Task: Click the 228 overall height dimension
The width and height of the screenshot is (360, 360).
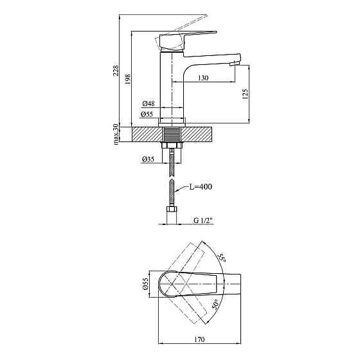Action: pyautogui.click(x=116, y=70)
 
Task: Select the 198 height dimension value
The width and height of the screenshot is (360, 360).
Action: pyautogui.click(x=128, y=79)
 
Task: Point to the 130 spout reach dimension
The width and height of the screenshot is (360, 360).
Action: pyautogui.click(x=203, y=78)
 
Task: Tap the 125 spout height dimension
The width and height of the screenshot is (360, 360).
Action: pyautogui.click(x=245, y=94)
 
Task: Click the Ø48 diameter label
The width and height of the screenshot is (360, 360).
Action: pyautogui.click(x=148, y=104)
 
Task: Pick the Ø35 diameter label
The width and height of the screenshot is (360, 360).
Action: pyautogui.click(x=148, y=159)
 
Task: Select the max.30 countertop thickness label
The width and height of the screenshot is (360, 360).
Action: pyautogui.click(x=116, y=134)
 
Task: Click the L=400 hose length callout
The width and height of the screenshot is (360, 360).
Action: pyautogui.click(x=201, y=187)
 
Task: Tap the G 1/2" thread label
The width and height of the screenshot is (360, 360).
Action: pyautogui.click(x=204, y=221)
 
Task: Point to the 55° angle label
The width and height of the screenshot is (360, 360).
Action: pyautogui.click(x=222, y=258)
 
